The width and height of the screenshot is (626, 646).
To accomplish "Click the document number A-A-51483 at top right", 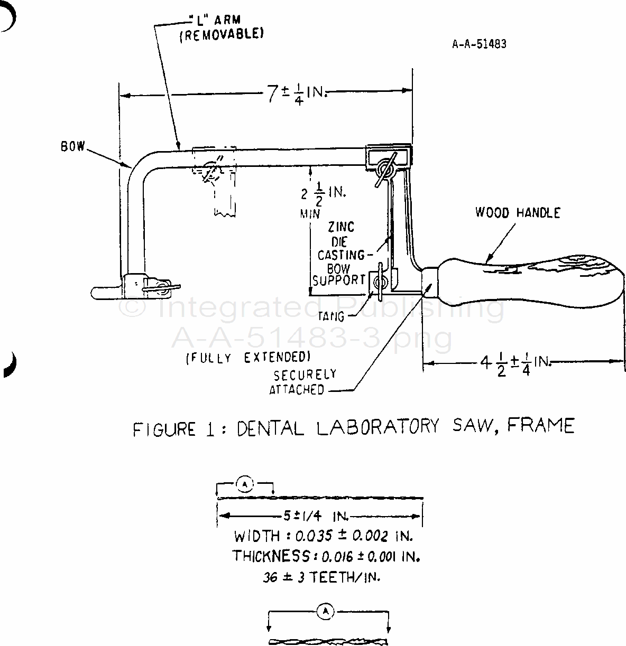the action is [x=479, y=44].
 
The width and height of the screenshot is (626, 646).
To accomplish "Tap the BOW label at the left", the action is [x=73, y=146].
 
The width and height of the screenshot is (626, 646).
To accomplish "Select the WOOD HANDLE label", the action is [x=518, y=212].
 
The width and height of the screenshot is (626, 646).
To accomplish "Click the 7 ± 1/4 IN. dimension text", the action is [x=297, y=94].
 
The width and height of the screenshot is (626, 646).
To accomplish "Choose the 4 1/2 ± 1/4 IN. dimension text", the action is [x=515, y=364].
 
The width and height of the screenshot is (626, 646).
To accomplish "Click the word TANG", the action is [x=331, y=316].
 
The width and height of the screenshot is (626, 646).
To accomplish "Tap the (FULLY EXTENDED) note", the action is [x=248, y=358].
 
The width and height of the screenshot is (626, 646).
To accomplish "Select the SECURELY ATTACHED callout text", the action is [x=303, y=382].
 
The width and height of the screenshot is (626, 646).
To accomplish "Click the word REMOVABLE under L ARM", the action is [x=222, y=34].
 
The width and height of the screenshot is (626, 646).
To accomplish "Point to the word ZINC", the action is [x=341, y=227].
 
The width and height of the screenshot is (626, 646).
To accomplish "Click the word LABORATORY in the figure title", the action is [x=378, y=427].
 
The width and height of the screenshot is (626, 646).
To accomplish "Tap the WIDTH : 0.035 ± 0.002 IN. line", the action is [x=323, y=536].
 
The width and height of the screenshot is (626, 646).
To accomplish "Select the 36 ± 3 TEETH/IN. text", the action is [x=321, y=578].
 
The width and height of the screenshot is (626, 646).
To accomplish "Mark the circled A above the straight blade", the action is [x=245, y=485].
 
